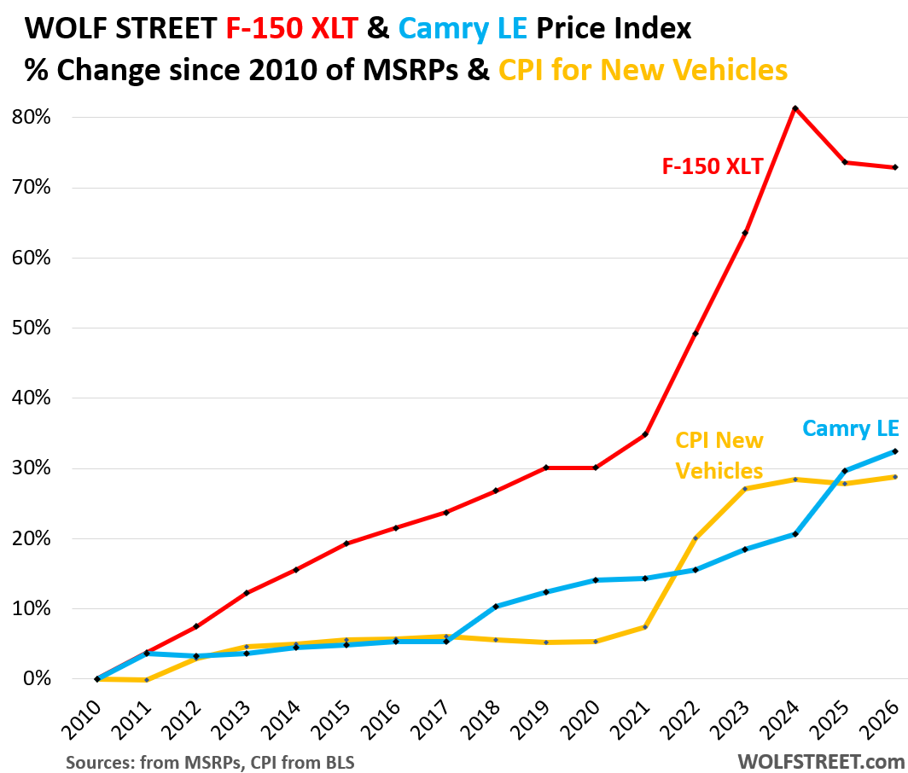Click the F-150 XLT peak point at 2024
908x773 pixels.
(794, 108)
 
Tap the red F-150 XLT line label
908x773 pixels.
(713, 166)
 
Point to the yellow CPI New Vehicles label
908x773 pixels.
(719, 456)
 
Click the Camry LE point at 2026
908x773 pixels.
(894, 451)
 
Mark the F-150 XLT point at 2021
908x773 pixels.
(645, 434)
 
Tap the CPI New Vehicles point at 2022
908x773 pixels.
(696, 538)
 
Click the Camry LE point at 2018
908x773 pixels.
(496, 607)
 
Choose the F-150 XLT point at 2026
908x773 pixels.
(894, 167)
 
